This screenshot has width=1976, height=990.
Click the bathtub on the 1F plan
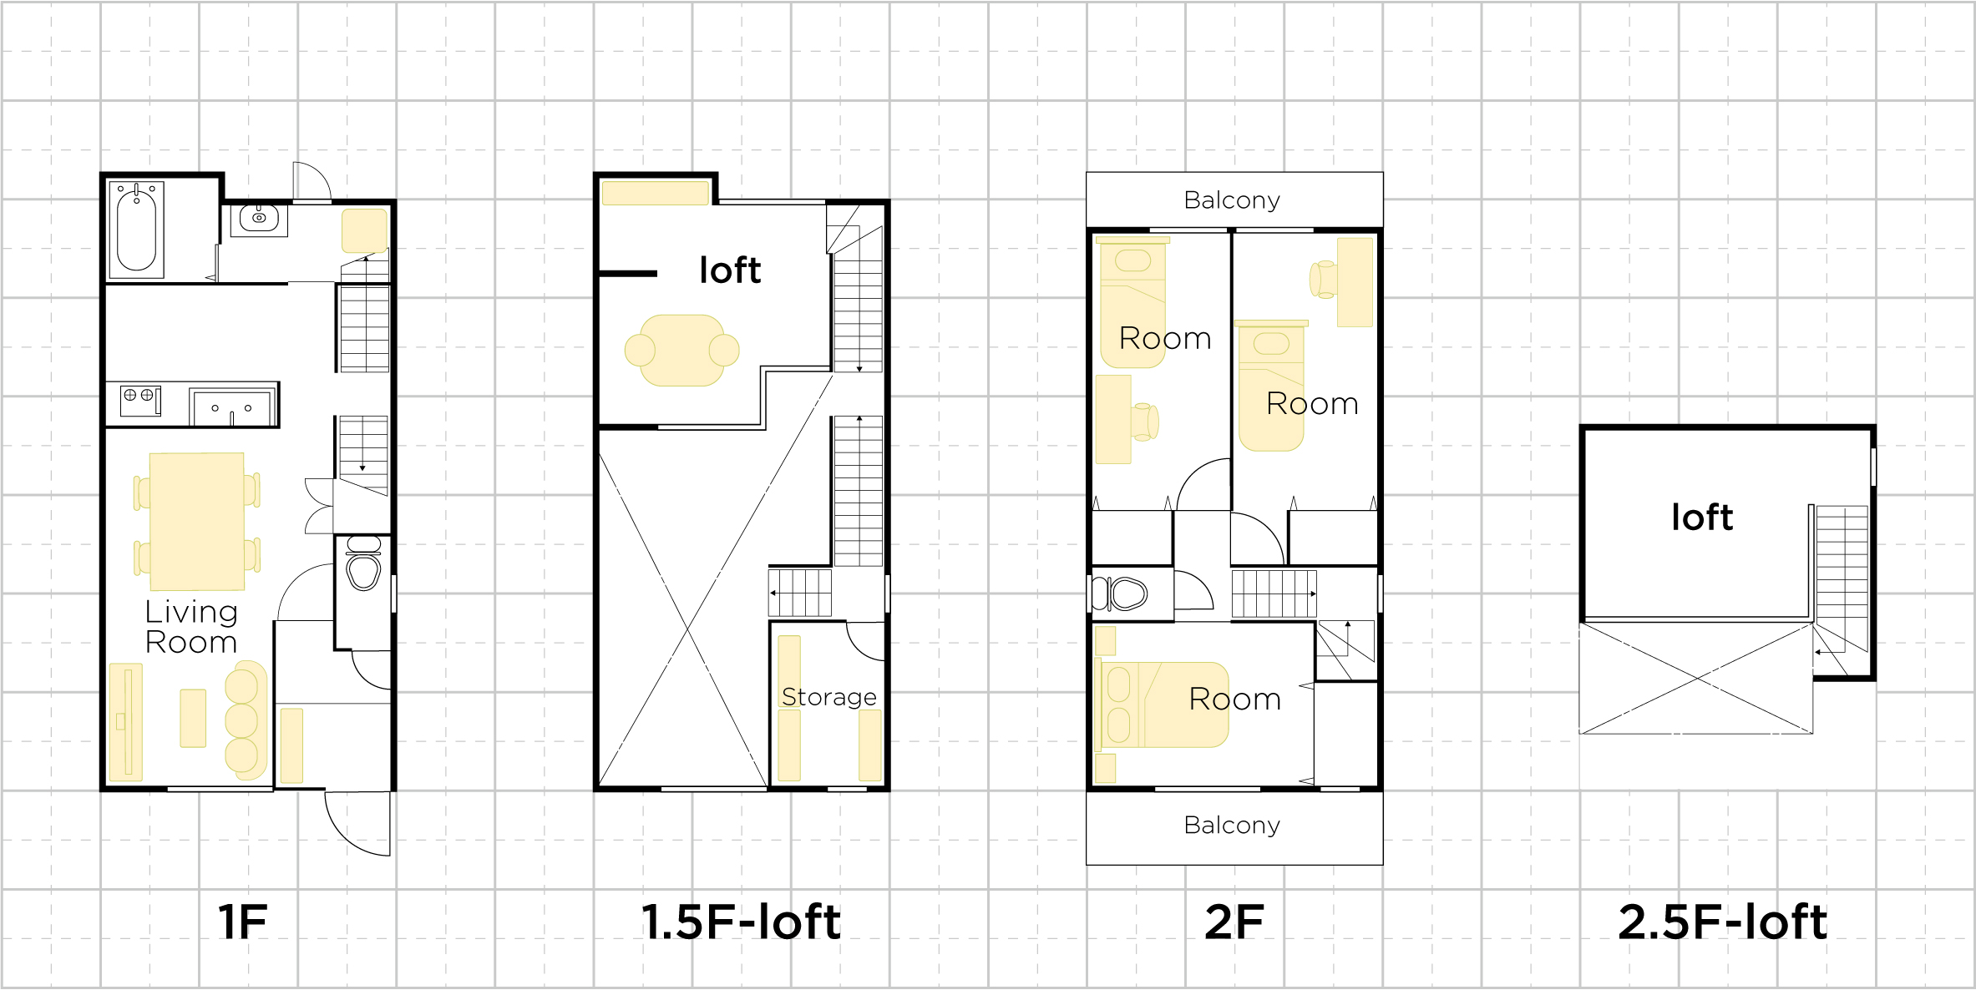click(136, 230)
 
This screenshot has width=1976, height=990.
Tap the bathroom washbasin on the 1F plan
click(259, 219)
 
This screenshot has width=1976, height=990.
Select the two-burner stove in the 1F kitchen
click(140, 401)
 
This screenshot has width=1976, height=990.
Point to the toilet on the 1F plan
click(363, 563)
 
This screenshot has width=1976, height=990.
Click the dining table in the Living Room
click(197, 522)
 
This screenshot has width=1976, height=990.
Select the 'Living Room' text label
click(191, 626)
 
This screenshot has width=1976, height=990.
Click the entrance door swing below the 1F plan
click(357, 823)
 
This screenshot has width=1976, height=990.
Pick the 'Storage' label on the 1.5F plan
click(829, 697)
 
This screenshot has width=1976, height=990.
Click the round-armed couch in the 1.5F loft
click(682, 351)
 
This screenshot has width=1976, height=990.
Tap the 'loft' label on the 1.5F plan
click(731, 270)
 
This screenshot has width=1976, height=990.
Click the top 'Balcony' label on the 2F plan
click(1232, 200)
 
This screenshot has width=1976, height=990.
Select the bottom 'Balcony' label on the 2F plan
click(1232, 826)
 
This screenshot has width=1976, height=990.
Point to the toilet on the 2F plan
click(1120, 594)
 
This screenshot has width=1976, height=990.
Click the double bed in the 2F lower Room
click(1162, 705)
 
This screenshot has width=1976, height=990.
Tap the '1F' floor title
click(242, 922)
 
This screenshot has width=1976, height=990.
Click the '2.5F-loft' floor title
click(1723, 922)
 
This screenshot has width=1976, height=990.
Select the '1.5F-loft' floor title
click(741, 922)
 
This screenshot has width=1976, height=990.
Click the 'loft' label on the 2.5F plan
click(1702, 518)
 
